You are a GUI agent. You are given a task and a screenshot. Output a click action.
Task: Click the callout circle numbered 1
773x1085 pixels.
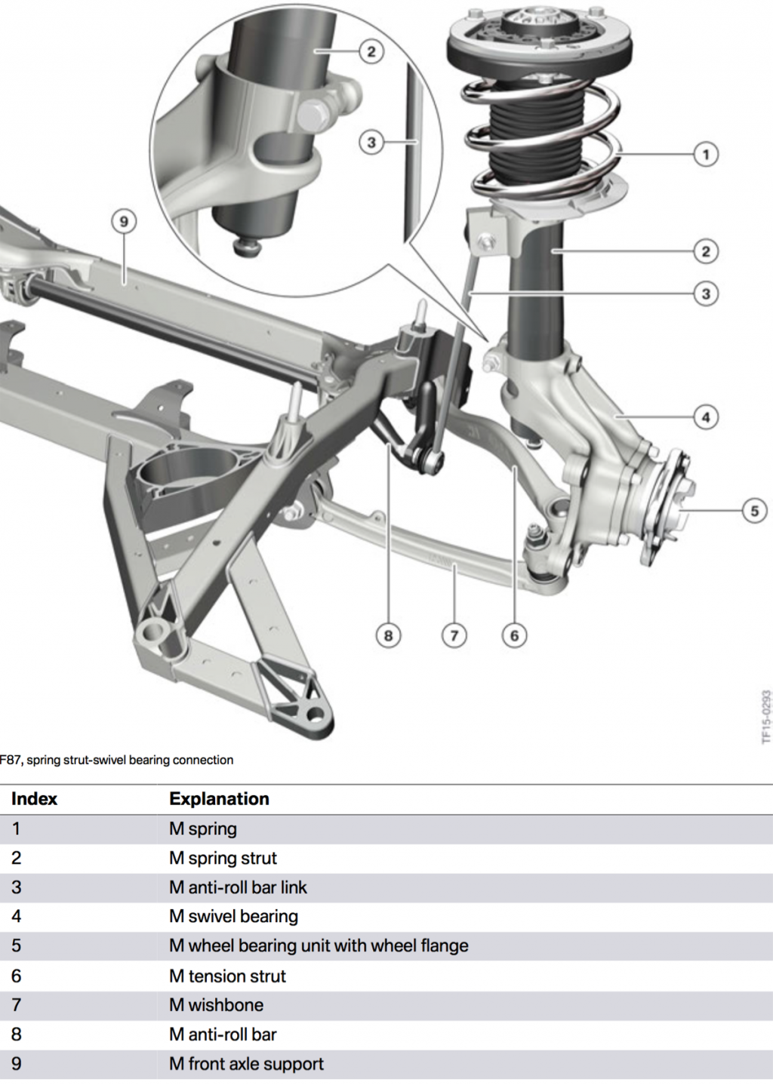tap(706, 155)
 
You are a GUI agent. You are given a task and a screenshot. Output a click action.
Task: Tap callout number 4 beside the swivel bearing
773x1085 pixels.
tap(706, 416)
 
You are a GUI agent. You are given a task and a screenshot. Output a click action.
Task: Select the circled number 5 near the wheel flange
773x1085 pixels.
tap(754, 511)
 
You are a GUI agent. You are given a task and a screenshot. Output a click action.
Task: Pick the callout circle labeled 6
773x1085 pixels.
tap(514, 635)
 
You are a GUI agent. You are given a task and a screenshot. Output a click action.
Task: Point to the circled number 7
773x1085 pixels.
tap(454, 635)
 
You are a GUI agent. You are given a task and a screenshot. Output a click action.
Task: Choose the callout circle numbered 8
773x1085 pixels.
tap(388, 635)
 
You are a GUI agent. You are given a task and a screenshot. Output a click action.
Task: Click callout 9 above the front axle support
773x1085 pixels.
tap(124, 222)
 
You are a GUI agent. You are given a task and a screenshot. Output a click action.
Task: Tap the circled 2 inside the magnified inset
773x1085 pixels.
tap(371, 51)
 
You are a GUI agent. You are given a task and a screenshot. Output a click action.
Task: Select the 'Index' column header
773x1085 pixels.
tap(34, 799)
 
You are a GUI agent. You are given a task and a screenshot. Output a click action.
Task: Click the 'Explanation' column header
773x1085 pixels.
tap(219, 799)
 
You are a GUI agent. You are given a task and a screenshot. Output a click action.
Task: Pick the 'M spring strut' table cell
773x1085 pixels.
tap(223, 858)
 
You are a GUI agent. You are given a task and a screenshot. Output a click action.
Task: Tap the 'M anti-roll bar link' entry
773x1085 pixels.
tap(238, 887)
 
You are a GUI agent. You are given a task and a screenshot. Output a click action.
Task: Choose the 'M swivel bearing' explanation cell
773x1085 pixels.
tap(233, 917)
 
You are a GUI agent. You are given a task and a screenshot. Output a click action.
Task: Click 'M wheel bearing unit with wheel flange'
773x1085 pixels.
tap(319, 946)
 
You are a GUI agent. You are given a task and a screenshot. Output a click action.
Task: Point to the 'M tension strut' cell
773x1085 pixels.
tap(227, 976)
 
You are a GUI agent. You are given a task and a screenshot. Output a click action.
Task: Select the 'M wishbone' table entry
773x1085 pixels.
tap(216, 1005)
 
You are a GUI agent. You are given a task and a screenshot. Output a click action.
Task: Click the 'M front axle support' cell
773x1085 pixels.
tap(246, 1064)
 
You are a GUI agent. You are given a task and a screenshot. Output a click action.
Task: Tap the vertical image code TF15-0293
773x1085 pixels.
tap(765, 716)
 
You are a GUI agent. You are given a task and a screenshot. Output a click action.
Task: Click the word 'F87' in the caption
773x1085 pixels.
tap(11, 760)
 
